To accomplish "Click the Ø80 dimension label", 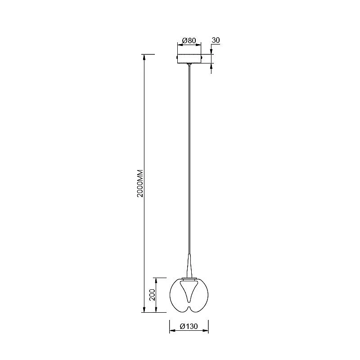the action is [189, 40].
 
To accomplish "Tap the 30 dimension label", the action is [216, 40].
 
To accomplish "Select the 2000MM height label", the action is [140, 183].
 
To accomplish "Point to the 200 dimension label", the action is [152, 295].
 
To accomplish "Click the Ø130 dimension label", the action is [189, 326].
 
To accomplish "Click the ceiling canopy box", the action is [189, 58].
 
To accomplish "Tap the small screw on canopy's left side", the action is [176, 57].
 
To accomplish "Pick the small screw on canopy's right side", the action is [202, 57].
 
